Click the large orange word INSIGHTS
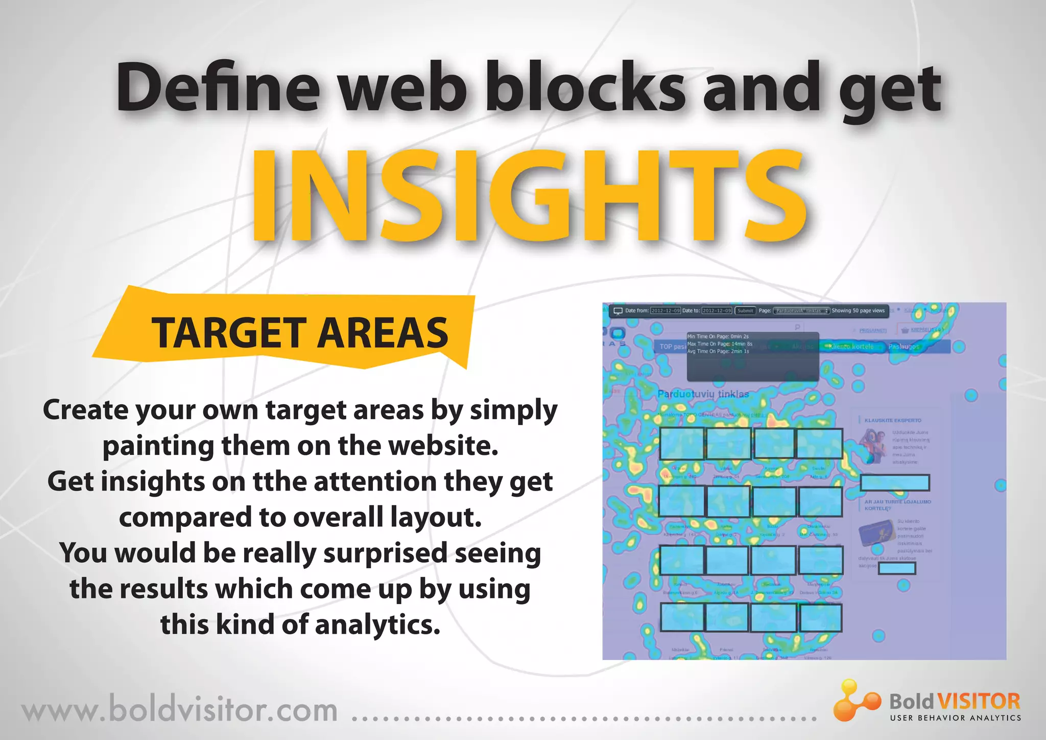click(529, 196)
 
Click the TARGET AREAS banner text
click(300, 333)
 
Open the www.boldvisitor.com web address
click(179, 710)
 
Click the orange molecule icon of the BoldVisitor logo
click(856, 700)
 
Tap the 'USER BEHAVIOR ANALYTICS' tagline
click(955, 718)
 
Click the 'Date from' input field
click(665, 311)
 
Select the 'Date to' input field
click(717, 311)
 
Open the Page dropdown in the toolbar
click(801, 311)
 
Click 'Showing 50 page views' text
click(858, 311)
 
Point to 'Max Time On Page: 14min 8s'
click(720, 344)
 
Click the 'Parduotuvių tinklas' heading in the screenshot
click(703, 394)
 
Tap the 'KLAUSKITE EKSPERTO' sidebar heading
click(893, 420)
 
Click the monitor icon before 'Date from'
click(617, 311)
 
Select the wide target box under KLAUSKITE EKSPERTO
click(895, 482)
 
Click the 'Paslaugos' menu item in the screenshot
click(904, 346)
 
